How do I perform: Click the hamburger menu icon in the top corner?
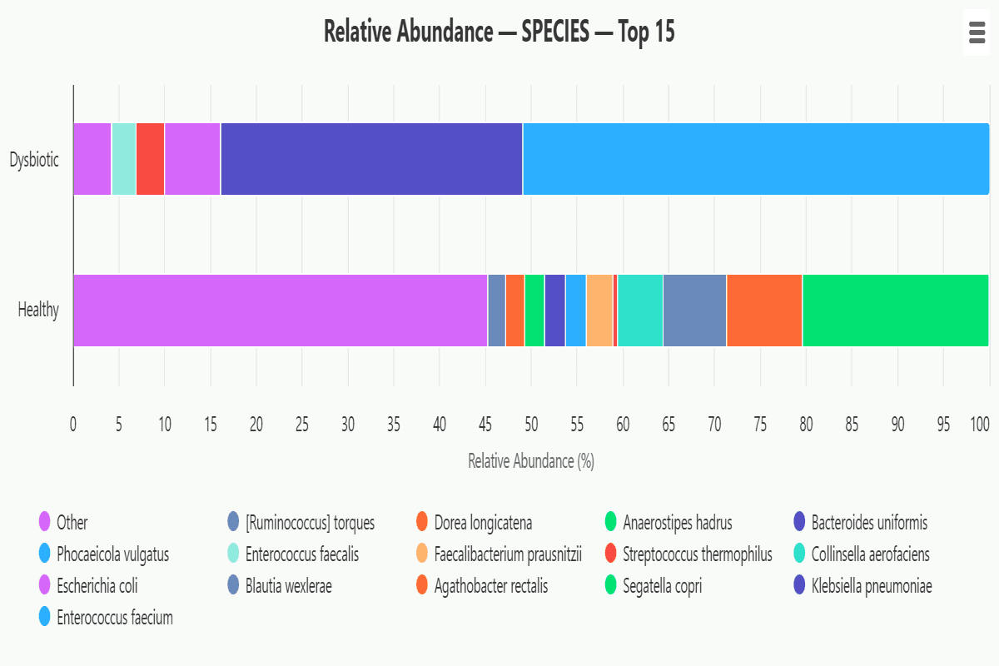977,33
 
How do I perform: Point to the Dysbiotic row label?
34,160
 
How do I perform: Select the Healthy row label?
38,311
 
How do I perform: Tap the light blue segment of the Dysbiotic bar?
755,159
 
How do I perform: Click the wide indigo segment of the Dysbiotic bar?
371,159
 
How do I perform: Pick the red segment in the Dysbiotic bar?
150,159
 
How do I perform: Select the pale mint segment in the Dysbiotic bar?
123,159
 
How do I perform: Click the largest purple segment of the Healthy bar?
280,311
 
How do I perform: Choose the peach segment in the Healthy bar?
599,311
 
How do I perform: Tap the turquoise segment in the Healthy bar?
640,311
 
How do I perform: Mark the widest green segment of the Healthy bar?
895,311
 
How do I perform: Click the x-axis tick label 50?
531,425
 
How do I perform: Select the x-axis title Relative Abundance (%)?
531,461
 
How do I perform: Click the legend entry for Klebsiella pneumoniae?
872,586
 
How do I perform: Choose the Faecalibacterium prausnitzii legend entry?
507,554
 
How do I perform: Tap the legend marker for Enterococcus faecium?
45,618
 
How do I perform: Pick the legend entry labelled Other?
72,523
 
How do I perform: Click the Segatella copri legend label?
662,586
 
